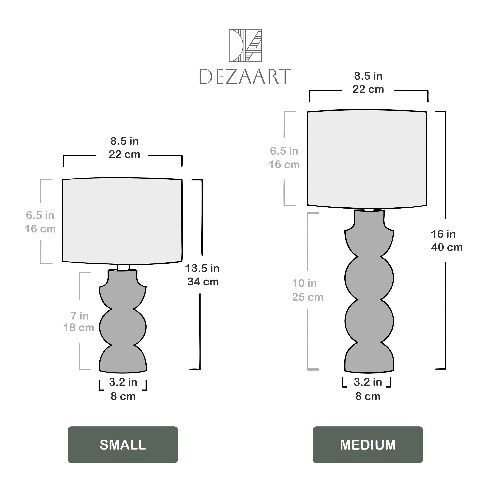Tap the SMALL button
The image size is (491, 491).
click(123, 445)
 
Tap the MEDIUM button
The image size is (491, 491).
click(368, 445)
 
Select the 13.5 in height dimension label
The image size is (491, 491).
click(202, 268)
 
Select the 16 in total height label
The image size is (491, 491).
click(443, 234)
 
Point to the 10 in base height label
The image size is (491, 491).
click(304, 283)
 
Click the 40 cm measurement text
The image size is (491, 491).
click(447, 247)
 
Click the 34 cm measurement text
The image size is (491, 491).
click(203, 282)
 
